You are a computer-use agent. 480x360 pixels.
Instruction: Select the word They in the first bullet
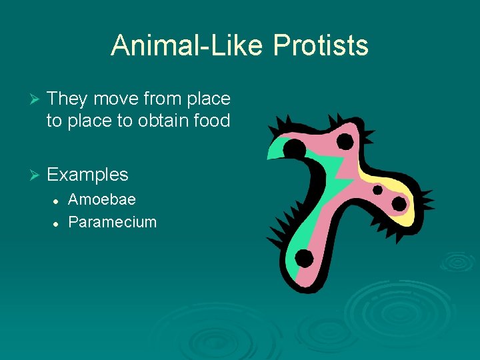[67, 99]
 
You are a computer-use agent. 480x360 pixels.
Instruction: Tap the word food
[209, 121]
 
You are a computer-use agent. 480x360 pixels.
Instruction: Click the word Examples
[87, 175]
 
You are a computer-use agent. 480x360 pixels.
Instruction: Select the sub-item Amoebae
[102, 199]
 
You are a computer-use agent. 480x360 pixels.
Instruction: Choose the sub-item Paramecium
[113, 222]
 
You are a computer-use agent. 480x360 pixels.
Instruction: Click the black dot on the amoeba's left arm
[294, 148]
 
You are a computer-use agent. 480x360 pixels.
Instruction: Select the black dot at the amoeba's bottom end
[303, 258]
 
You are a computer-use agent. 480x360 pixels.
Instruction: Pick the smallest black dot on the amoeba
[377, 190]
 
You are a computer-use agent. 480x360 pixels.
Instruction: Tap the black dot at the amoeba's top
[345, 141]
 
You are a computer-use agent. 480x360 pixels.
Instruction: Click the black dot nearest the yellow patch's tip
[399, 203]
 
